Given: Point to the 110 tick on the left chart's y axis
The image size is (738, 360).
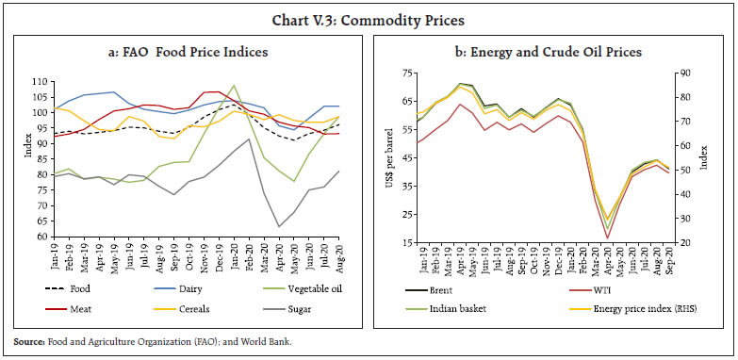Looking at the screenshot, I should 41,82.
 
